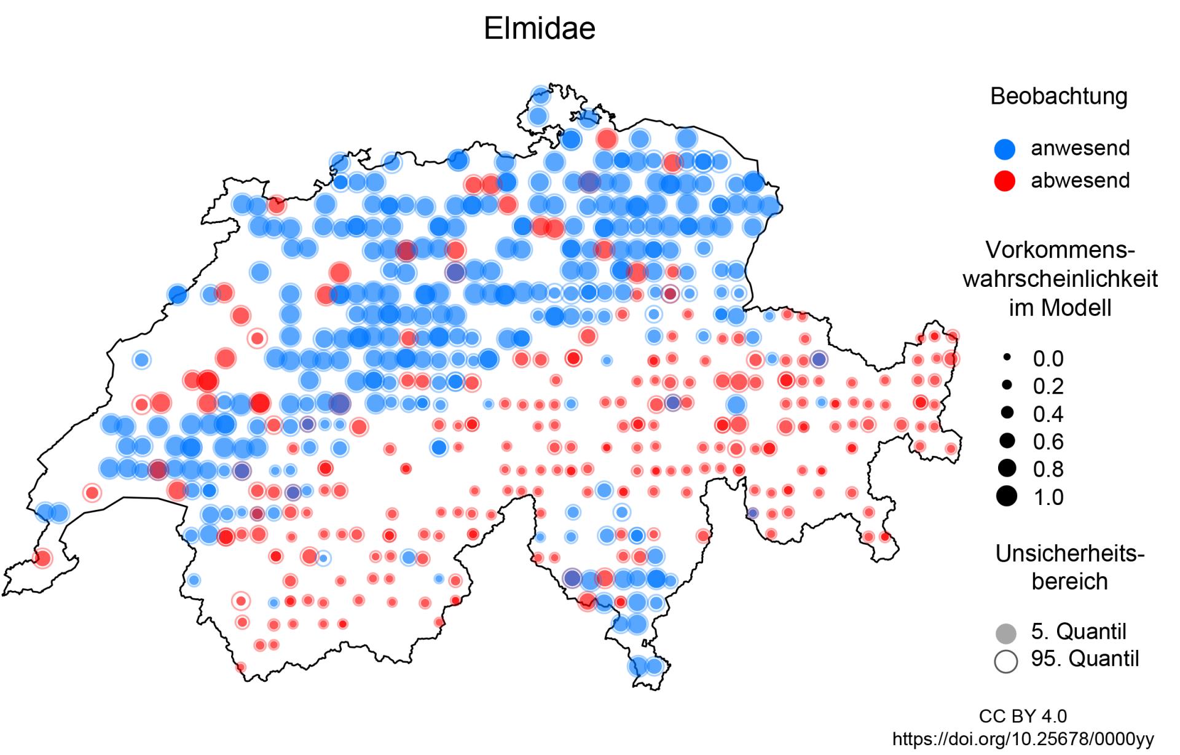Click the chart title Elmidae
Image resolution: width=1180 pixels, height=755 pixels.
point(539,28)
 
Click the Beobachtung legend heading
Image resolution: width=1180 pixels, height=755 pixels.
point(1058,96)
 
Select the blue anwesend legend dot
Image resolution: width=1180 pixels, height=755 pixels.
point(1005,149)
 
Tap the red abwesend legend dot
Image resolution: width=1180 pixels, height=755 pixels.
point(1005,181)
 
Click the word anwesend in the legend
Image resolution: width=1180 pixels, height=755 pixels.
point(1080,148)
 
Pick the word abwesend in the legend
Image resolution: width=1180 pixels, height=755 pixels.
point(1080,181)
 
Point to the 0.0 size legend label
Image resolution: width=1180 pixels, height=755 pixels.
point(1048,359)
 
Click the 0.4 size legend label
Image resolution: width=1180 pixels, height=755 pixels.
point(1048,414)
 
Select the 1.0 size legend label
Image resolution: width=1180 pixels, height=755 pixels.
point(1048,497)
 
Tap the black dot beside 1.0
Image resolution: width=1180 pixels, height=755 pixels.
point(1007,496)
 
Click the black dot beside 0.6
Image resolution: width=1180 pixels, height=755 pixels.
point(1007,440)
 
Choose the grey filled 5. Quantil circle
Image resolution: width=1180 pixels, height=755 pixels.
point(1005,633)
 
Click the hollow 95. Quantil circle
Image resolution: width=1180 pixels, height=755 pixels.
point(1005,661)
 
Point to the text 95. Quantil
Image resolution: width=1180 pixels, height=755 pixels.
point(1085,659)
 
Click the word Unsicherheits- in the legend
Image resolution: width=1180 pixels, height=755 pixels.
point(1069,554)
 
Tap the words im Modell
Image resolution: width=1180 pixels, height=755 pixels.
point(1060,307)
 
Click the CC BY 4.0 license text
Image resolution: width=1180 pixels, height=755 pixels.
point(1023,716)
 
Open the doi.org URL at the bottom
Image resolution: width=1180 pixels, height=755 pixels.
point(1023,738)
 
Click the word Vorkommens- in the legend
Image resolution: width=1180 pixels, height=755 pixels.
point(1060,250)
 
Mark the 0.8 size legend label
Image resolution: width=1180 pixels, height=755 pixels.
point(1048,469)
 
